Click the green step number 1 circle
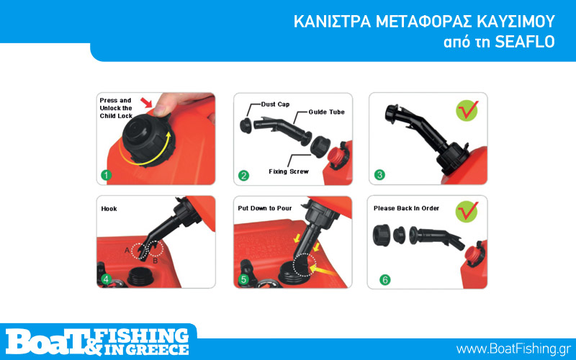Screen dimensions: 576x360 tap(106, 175)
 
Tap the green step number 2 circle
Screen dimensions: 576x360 tap(243, 175)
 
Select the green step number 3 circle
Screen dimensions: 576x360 tap(379, 174)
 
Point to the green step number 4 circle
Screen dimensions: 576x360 tap(106, 279)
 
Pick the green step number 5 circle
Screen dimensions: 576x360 tap(243, 279)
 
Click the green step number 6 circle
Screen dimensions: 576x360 tap(385, 280)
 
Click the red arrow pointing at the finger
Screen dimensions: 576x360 tap(147, 102)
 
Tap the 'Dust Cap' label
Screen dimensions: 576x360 tap(275, 104)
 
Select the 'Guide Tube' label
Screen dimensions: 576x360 tap(327, 112)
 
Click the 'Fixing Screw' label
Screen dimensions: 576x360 tap(289, 171)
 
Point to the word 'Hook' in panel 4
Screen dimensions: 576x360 tap(109, 209)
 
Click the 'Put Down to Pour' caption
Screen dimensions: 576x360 tap(265, 208)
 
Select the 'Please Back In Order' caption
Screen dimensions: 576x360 tap(406, 208)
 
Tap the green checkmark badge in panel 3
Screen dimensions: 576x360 tap(467, 111)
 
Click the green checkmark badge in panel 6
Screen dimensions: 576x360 tap(467, 211)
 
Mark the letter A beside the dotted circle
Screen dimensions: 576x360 tap(127, 251)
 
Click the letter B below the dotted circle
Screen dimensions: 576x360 tap(156, 261)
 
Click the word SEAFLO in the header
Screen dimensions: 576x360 tap(525, 42)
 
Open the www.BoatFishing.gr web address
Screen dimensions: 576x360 tap(513, 348)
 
